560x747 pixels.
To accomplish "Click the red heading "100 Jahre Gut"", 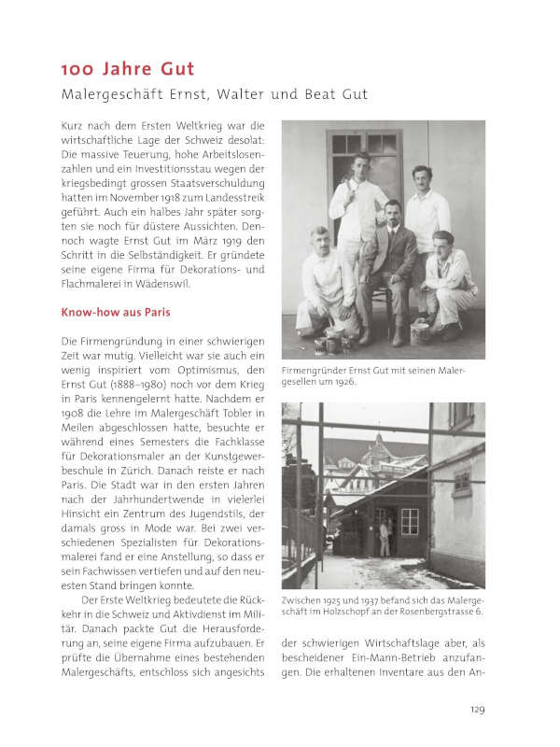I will click(127, 69).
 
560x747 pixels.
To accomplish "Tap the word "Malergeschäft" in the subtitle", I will click(104, 94).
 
